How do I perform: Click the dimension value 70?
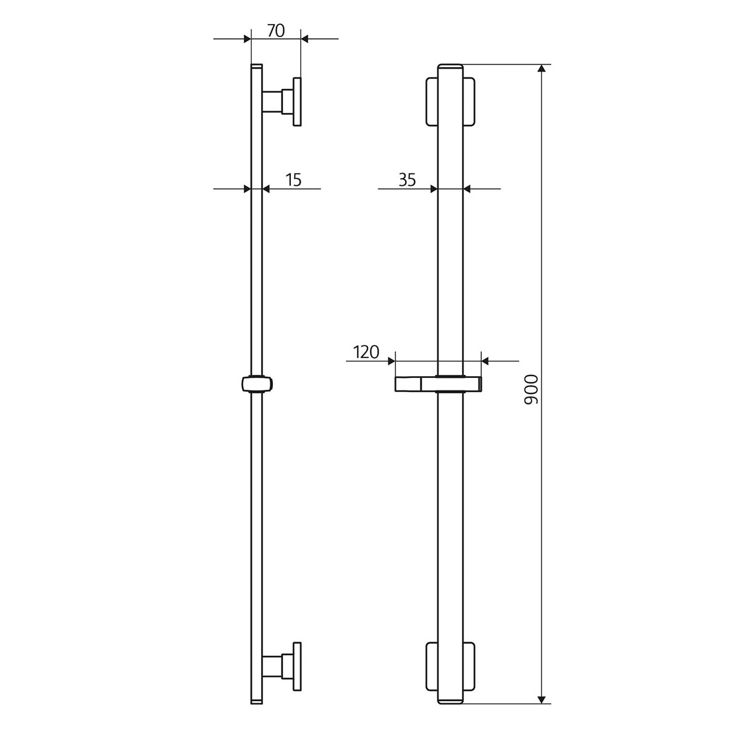(x=276, y=30)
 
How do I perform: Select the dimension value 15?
(x=293, y=180)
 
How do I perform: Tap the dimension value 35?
(x=407, y=180)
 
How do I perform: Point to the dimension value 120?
(x=366, y=353)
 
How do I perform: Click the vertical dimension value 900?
(x=532, y=390)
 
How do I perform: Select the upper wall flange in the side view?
(x=297, y=102)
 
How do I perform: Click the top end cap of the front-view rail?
(x=450, y=67)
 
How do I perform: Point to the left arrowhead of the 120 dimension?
(x=391, y=361)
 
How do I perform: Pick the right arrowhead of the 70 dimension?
(x=304, y=39)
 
